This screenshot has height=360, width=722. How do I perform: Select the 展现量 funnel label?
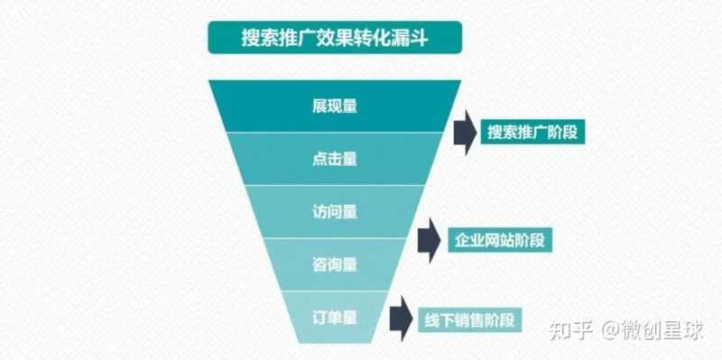pyautogui.click(x=335, y=106)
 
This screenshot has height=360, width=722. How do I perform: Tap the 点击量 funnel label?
pyautogui.click(x=335, y=159)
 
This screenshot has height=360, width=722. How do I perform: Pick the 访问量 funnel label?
pyautogui.click(x=335, y=212)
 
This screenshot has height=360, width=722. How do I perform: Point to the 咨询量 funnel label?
pyautogui.click(x=335, y=264)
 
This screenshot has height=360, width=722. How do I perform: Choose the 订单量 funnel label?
pyautogui.click(x=335, y=317)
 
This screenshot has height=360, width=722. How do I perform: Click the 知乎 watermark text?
pyautogui.click(x=567, y=328)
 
